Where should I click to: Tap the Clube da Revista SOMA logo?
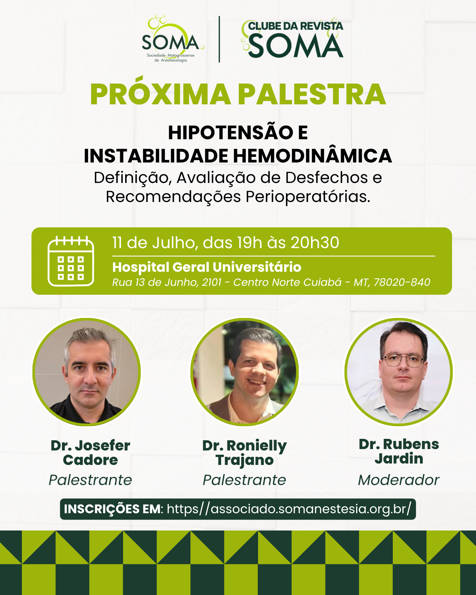(292, 39)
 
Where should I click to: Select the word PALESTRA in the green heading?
(312, 94)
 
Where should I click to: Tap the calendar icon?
(71, 261)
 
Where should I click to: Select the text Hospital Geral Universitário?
(207, 267)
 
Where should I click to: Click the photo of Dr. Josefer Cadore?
(87, 372)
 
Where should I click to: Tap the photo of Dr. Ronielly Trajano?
(245, 372)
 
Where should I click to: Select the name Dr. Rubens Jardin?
(399, 451)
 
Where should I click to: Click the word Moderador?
(398, 480)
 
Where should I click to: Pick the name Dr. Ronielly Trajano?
(245, 453)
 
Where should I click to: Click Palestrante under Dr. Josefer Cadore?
(90, 480)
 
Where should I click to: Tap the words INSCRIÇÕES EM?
(112, 509)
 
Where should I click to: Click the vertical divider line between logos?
(219, 39)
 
